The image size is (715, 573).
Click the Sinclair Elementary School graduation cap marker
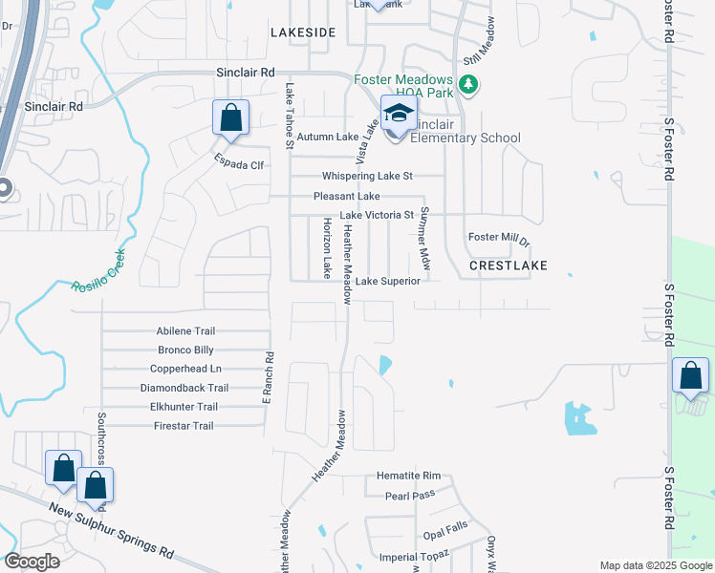(399, 116)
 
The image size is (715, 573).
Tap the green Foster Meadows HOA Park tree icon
(468, 86)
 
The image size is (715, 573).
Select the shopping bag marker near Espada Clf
(230, 119)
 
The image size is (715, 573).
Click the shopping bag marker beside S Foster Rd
(690, 377)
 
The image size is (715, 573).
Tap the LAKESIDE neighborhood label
(303, 32)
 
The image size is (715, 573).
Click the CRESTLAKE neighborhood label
(509, 265)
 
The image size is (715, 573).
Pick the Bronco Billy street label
(185, 350)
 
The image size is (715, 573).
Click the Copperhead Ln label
(185, 369)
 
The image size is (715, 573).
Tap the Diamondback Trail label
(184, 388)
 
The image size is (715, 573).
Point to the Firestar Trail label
(184, 426)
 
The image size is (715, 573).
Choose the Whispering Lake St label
(367, 176)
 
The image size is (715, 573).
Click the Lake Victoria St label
(377, 215)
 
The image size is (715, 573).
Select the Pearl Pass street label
(410, 496)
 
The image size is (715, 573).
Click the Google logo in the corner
(32, 562)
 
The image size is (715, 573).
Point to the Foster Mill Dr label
(498, 237)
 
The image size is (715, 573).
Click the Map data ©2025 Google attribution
(655, 565)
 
